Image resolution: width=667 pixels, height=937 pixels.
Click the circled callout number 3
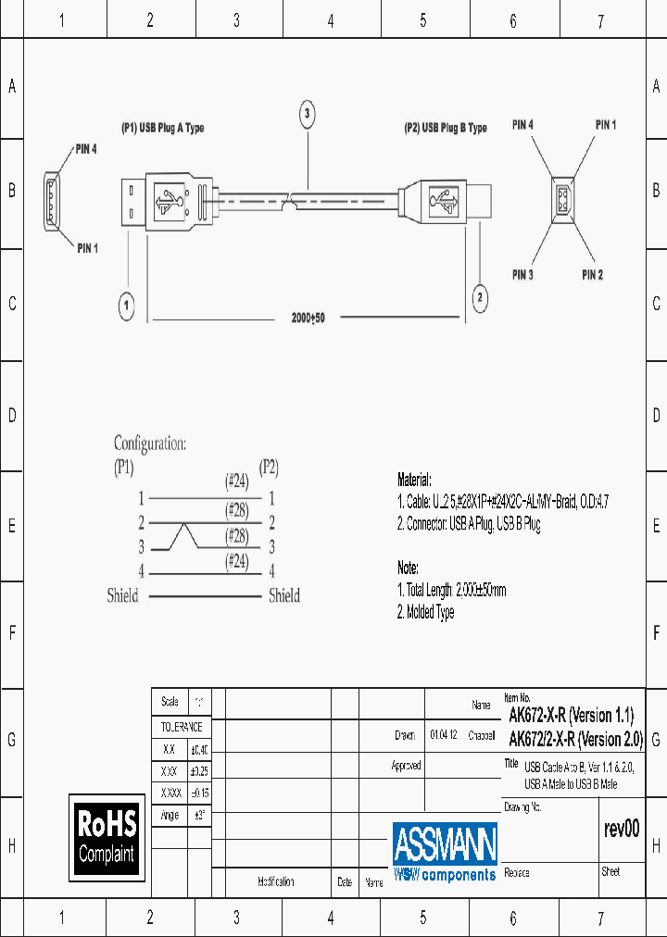(308, 115)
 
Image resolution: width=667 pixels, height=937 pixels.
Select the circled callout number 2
(479, 297)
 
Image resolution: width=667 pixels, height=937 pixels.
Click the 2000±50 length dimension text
(308, 318)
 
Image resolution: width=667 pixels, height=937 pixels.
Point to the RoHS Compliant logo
(107, 836)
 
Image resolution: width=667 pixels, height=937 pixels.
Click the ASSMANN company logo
(445, 851)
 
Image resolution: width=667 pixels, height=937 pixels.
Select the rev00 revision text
(621, 830)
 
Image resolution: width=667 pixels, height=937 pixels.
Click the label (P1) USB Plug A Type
(163, 129)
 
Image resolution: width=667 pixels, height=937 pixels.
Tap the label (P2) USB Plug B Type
(446, 129)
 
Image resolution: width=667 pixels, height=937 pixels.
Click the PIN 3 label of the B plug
(522, 275)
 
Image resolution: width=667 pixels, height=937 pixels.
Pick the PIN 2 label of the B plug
(593, 275)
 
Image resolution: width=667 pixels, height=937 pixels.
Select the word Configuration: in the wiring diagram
(150, 444)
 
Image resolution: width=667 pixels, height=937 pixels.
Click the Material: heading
(414, 481)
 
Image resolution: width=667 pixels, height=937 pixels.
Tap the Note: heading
(408, 568)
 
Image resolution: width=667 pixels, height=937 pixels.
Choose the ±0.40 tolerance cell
(199, 750)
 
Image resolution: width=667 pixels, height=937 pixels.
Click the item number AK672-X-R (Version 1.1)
(572, 715)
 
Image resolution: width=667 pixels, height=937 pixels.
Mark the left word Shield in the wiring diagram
(122, 596)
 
